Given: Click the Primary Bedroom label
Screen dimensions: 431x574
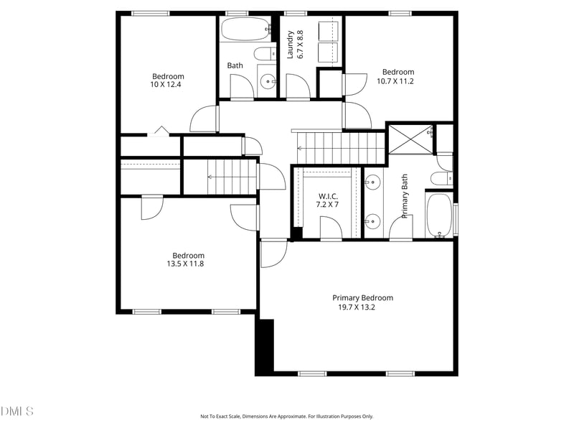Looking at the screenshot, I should tap(362, 297).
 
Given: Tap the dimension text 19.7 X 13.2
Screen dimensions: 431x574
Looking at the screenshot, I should tap(357, 307).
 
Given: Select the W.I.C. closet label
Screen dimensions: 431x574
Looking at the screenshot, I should tap(328, 196).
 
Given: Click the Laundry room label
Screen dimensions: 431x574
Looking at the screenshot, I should tap(291, 44).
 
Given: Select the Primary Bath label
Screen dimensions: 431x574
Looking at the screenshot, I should tap(405, 196).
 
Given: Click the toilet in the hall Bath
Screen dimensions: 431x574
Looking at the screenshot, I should tap(264, 52).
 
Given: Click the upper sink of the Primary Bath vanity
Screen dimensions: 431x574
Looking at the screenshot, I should tap(372, 182).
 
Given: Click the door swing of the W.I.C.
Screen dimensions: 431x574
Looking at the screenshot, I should tap(331, 228).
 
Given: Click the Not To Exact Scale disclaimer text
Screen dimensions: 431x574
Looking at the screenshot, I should tap(286, 416).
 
